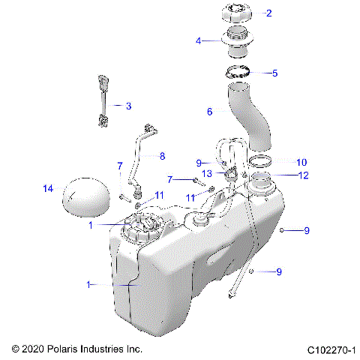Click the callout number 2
268,13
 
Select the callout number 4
199,40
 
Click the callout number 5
274,73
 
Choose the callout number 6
210,111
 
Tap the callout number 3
128,106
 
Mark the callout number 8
160,156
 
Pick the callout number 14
49,189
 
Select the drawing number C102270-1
330,349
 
